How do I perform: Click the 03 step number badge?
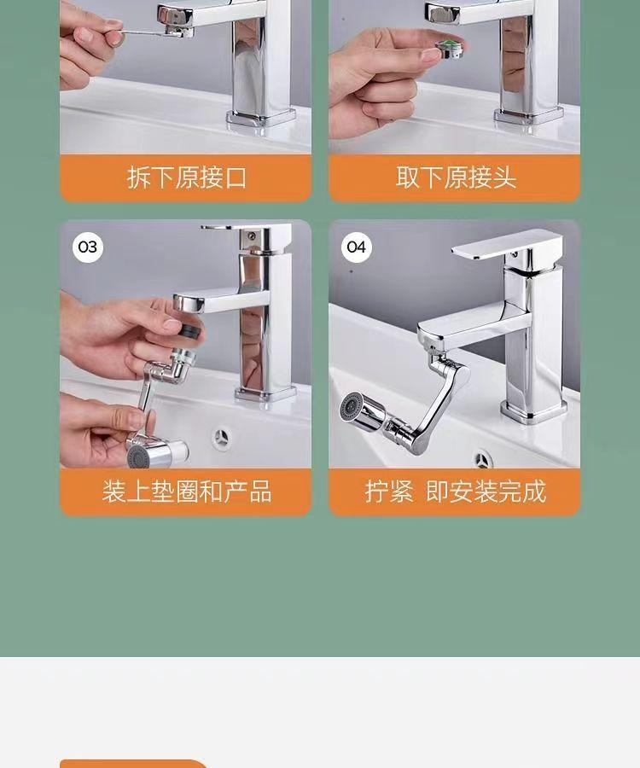[x=88, y=247]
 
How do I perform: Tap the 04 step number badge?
[x=356, y=247]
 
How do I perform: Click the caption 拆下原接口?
[x=187, y=177]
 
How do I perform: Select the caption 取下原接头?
[x=456, y=177]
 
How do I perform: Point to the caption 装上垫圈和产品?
[x=187, y=492]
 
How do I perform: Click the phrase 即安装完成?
[x=486, y=492]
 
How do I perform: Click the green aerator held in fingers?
[x=450, y=49]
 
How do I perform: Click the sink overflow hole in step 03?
[x=221, y=436]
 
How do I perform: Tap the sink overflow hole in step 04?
[x=482, y=459]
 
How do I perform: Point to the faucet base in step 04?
[x=533, y=410]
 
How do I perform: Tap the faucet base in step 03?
[x=265, y=393]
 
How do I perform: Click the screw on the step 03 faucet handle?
[x=251, y=236]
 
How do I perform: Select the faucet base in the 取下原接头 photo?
[x=528, y=116]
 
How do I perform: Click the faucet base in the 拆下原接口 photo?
[x=261, y=118]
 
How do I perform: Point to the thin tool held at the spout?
[x=147, y=32]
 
